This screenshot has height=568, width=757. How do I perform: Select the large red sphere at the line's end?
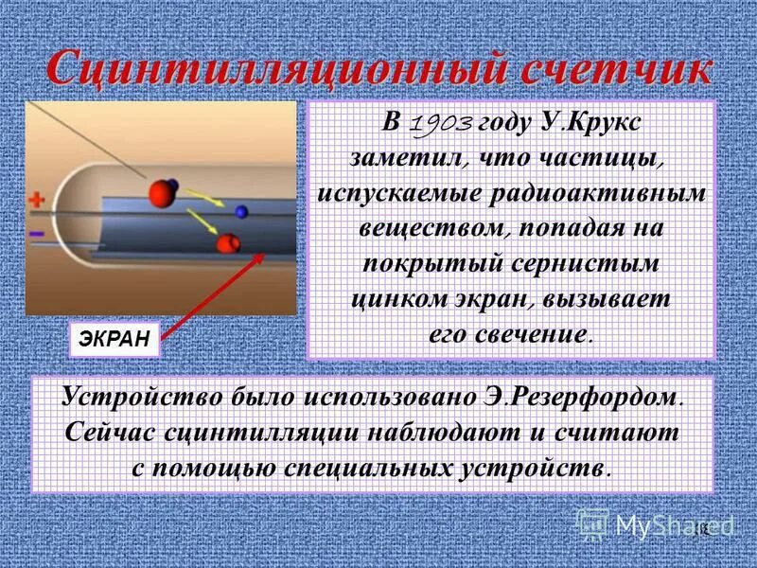163,193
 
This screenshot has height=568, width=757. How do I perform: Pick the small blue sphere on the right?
242,211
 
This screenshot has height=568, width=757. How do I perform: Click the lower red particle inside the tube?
228,243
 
